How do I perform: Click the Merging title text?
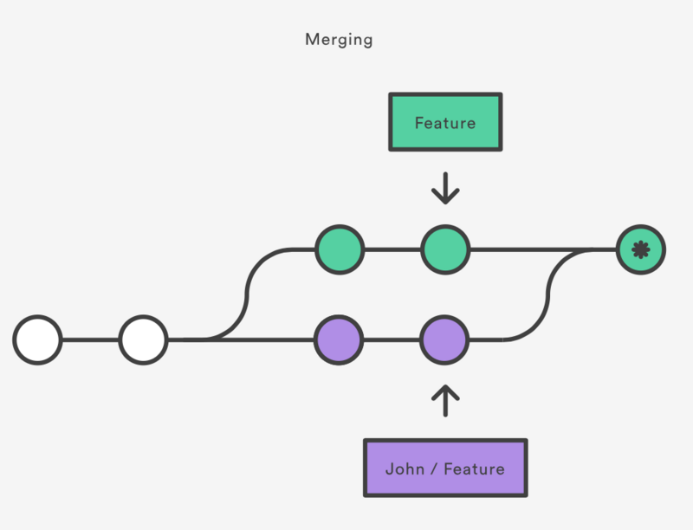339,40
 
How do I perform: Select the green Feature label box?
444,122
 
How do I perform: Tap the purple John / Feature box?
444,469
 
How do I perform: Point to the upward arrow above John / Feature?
445,401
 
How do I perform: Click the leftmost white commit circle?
37,339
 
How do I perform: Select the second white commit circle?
143,339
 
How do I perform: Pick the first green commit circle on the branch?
340,249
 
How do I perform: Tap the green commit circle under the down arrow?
445,249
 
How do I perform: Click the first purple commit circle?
339,339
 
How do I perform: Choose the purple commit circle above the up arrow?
445,339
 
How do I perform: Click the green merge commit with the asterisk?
640,249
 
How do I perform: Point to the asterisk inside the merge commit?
640,249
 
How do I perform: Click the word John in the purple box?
405,469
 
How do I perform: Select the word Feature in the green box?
444,122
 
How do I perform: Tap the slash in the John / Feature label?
435,469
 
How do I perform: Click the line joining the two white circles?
90,339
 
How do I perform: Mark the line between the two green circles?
392,249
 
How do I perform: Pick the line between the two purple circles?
392,339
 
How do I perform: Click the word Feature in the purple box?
474,469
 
